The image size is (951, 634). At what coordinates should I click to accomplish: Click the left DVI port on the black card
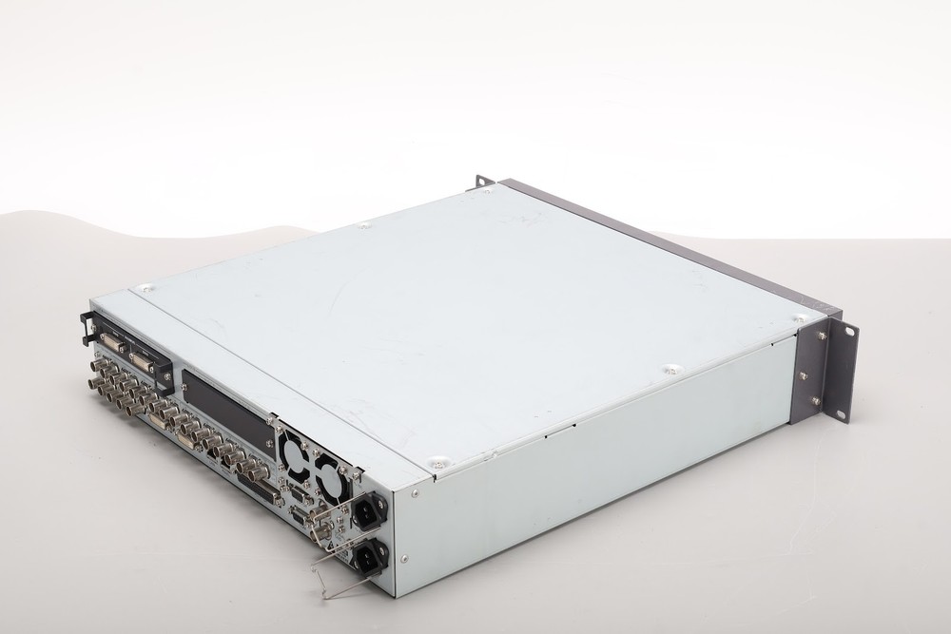coord(112,342)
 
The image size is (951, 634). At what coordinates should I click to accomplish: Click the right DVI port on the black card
coord(142,363)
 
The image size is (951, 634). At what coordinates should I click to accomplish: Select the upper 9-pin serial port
coord(299,493)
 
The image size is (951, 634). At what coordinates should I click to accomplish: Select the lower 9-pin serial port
coord(299,516)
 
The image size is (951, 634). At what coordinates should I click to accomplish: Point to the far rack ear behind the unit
coord(484,181)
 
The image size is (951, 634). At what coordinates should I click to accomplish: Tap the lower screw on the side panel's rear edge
coord(404,559)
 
